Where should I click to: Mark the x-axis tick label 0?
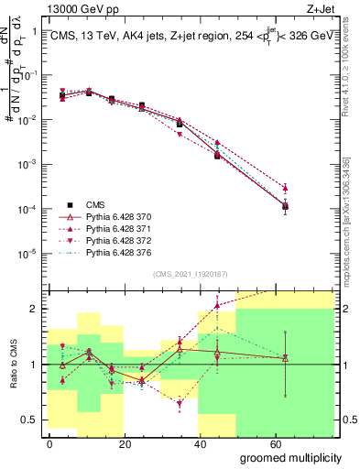point(50,442)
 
